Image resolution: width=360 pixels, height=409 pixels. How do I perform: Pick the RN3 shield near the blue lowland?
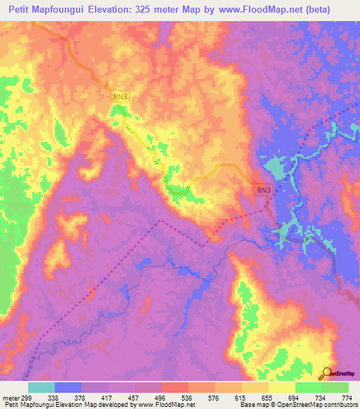(262, 190)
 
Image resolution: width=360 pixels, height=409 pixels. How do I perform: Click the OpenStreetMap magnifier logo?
(326, 372)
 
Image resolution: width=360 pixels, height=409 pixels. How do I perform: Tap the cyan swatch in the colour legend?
(41, 387)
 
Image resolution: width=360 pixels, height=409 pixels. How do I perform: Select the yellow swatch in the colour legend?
(255, 387)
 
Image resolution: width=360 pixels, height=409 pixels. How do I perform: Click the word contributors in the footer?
(339, 405)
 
